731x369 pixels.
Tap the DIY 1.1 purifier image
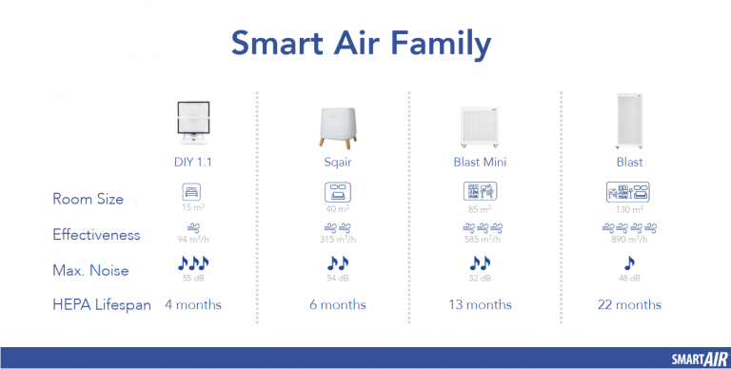(200, 124)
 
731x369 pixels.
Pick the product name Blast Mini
(480, 163)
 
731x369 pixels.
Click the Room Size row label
(88, 198)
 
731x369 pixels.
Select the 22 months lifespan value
(629, 304)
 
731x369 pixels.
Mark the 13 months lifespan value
(480, 304)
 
